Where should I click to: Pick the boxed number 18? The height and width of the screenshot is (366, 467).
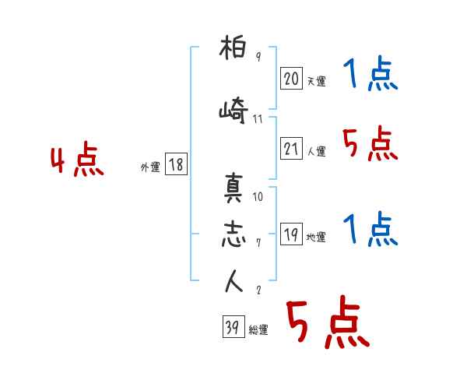click(176, 164)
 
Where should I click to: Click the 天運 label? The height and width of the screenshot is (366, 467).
click(316, 81)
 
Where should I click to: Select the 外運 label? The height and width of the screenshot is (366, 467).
click(149, 167)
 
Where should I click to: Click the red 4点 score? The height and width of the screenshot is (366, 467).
click(77, 161)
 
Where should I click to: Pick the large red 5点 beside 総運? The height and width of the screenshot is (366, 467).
click(327, 325)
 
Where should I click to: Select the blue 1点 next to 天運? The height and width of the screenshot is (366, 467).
click(370, 76)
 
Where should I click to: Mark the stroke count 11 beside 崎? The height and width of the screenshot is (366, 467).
click(258, 120)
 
